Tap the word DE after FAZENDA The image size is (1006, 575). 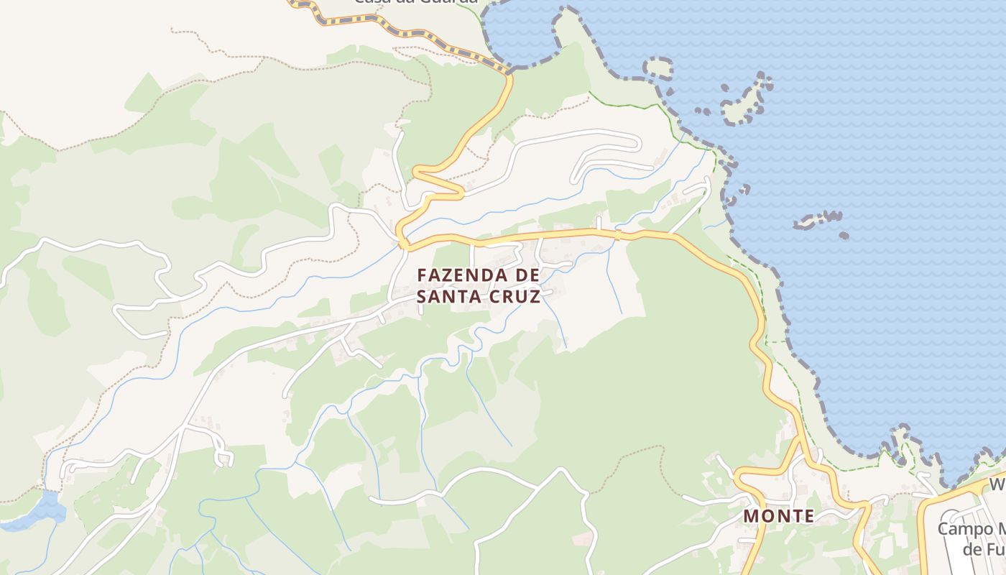pos(525,275)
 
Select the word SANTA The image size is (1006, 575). pos(448,296)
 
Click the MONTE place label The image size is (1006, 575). pos(779,516)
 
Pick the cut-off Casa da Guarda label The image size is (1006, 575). pos(415,2)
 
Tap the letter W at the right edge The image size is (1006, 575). pos(997,485)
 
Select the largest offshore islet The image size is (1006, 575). pos(746,101)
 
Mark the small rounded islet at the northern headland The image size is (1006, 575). pos(657,68)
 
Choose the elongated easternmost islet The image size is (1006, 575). pos(818,220)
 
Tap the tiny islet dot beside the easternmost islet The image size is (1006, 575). pos(844,235)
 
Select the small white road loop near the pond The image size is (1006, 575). pos(223,456)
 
